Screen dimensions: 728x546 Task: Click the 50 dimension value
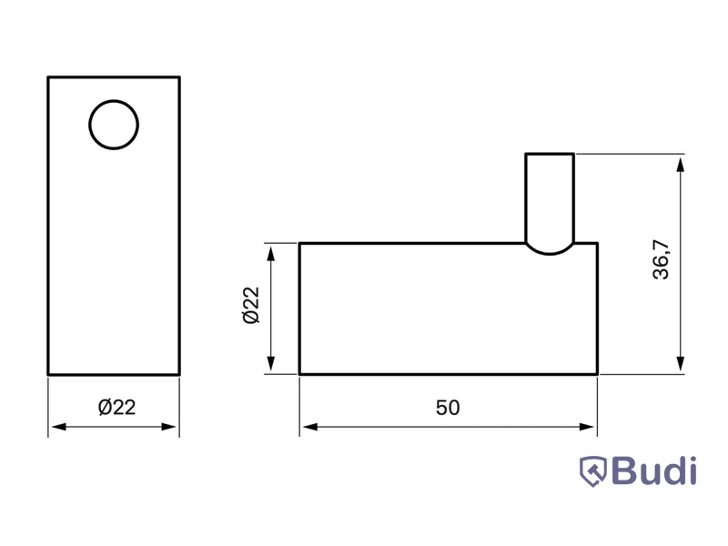(448, 408)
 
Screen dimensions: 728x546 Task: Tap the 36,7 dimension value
(662, 259)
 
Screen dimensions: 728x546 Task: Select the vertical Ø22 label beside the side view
(251, 305)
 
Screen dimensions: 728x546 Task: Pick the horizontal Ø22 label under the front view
(117, 407)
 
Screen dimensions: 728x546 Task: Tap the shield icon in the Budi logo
(593, 471)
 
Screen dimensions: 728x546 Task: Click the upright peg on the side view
(550, 198)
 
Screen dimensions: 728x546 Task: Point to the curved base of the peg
(550, 254)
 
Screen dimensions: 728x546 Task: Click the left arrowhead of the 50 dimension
(309, 427)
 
